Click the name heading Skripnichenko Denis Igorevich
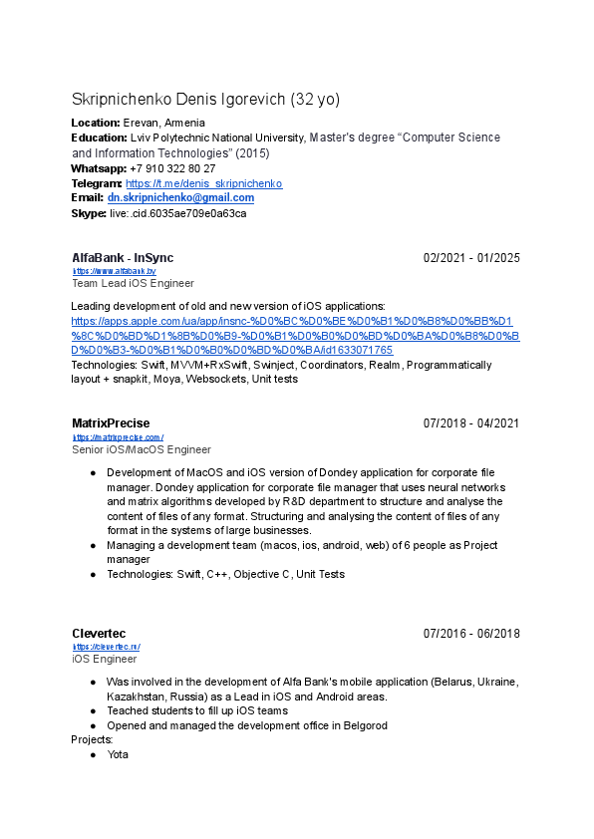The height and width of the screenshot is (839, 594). click(179, 100)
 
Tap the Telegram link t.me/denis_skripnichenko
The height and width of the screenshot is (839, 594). click(204, 184)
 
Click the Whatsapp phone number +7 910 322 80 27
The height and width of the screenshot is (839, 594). click(172, 169)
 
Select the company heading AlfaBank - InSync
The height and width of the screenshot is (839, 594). click(123, 258)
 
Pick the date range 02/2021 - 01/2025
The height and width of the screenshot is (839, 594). click(471, 259)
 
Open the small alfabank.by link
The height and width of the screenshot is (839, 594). click(114, 271)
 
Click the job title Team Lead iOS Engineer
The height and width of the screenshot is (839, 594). click(133, 283)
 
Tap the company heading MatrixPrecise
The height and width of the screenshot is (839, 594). click(111, 423)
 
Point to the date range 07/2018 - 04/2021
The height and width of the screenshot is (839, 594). click(471, 424)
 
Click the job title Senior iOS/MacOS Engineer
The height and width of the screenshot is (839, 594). click(142, 449)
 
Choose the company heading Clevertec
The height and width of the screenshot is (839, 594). click(100, 634)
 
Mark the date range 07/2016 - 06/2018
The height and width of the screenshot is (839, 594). click(471, 634)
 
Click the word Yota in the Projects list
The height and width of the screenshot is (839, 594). click(119, 755)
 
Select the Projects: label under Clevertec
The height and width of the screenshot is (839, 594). click(92, 740)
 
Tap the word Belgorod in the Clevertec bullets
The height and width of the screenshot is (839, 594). click(362, 725)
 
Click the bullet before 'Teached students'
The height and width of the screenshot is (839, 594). click(93, 711)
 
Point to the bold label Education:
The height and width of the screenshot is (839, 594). click(99, 138)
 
